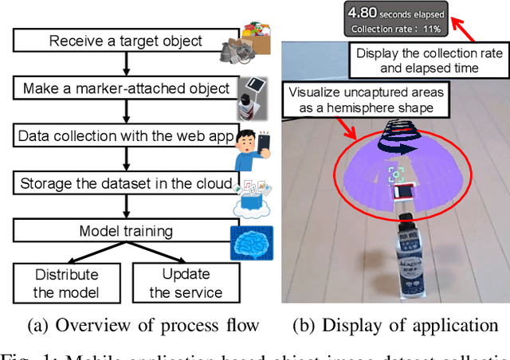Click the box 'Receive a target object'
click(x=126, y=40)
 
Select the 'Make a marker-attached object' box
click(x=126, y=88)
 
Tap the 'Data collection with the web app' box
click(x=126, y=137)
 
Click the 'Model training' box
click(x=126, y=230)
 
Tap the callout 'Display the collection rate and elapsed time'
click(x=428, y=61)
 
